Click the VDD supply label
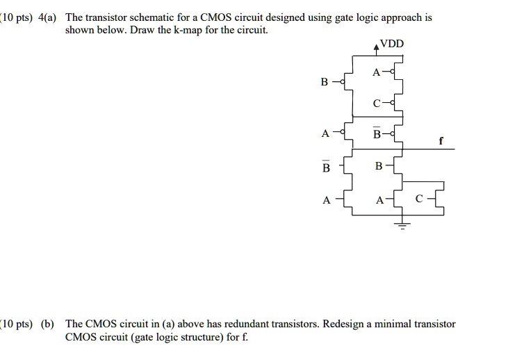click(392, 44)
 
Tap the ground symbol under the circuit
click(401, 224)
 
